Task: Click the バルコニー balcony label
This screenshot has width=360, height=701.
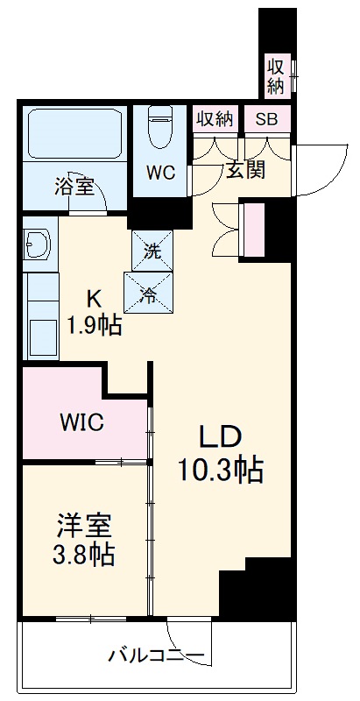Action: tap(157, 655)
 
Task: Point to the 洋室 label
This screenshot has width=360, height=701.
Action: tap(83, 526)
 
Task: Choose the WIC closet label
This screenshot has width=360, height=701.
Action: tap(81, 422)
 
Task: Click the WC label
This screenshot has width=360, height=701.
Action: tap(160, 173)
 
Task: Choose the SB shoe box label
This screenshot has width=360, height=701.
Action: tap(265, 118)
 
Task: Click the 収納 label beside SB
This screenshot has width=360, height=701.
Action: tap(215, 118)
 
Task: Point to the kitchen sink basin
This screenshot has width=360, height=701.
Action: tap(40, 334)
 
